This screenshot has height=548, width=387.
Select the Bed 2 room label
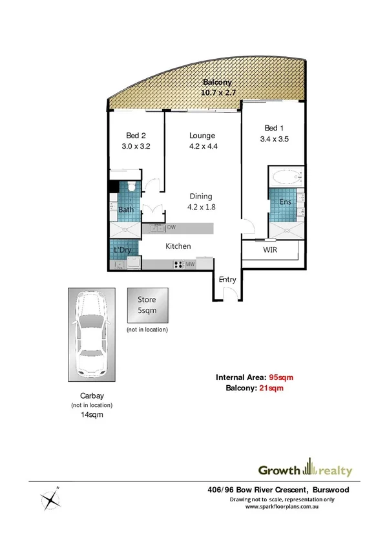[x=136, y=141]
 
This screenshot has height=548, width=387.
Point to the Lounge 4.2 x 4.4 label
[x=202, y=141]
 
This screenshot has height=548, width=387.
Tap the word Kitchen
[x=178, y=246]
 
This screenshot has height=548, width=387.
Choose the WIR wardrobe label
[x=271, y=249]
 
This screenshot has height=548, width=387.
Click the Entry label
[x=227, y=280]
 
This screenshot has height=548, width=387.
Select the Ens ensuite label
[x=286, y=202]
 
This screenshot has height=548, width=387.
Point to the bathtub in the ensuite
[x=285, y=176]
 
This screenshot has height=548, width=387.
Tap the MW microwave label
[x=191, y=264]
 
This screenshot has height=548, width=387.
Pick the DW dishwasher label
[x=171, y=227]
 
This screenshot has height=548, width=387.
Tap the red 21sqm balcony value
[x=271, y=388]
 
